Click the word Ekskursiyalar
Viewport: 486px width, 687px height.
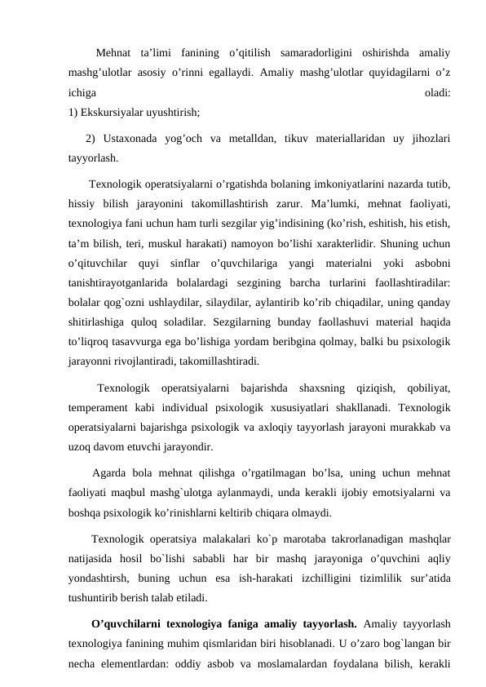(113, 112)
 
